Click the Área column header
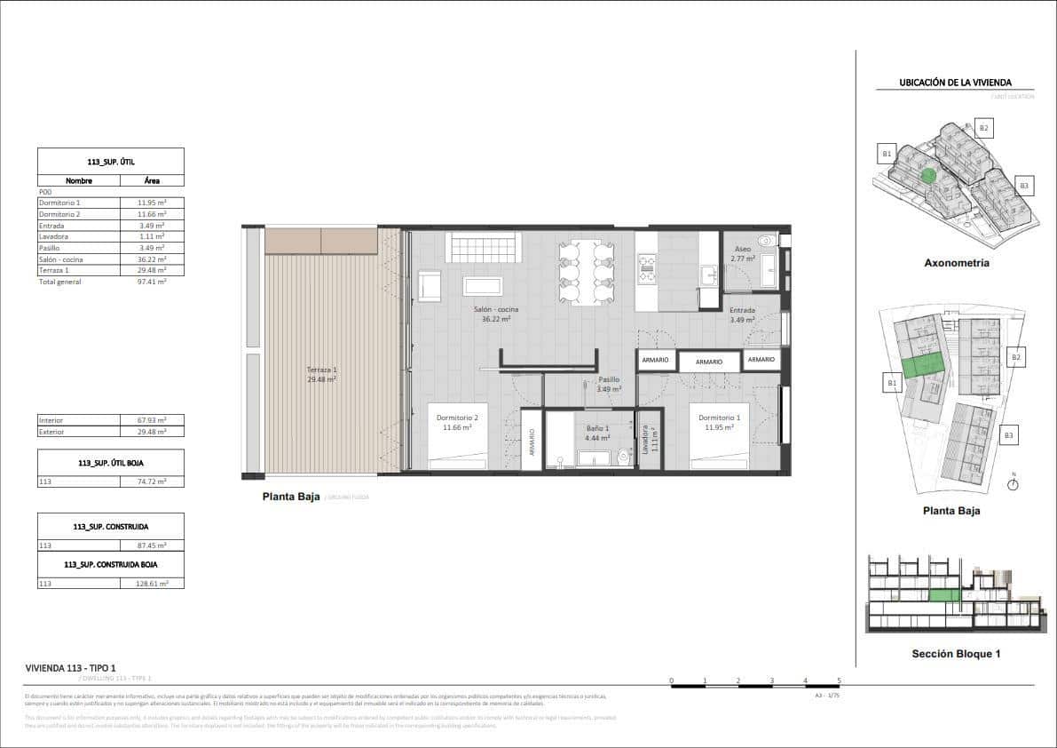pyautogui.click(x=152, y=180)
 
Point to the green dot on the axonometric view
pyautogui.click(x=928, y=176)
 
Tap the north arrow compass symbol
pyautogui.click(x=1014, y=483)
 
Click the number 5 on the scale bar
pyautogui.click(x=839, y=681)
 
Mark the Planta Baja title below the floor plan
pyautogui.click(x=291, y=497)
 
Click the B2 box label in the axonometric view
pyautogui.click(x=982, y=128)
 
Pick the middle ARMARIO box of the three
pyautogui.click(x=708, y=362)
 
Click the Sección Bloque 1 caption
pyautogui.click(x=956, y=654)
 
